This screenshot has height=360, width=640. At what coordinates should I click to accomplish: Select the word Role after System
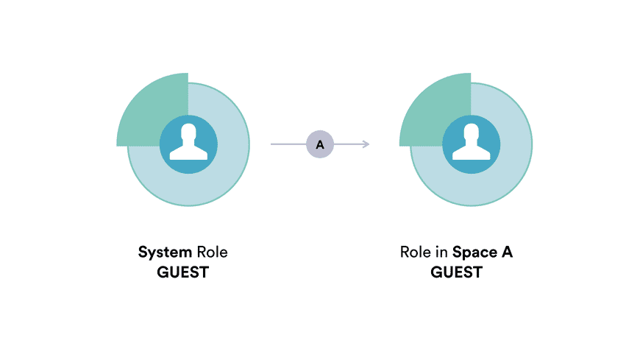[x=213, y=252]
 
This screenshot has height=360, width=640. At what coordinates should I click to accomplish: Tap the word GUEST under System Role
[x=183, y=272]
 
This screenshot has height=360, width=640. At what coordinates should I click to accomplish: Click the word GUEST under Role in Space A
[x=457, y=272]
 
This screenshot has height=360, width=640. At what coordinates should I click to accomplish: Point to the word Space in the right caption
[x=475, y=253]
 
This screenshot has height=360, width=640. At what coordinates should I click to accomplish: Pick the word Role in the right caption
[x=416, y=252]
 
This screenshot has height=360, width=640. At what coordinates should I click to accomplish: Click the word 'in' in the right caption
[x=441, y=252]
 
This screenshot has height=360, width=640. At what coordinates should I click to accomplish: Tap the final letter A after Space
[x=508, y=252]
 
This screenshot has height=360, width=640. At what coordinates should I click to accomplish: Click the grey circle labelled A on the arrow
[x=320, y=144]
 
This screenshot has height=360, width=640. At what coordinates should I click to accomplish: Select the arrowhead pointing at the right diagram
[x=366, y=144]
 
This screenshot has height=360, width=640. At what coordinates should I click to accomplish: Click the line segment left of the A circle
[x=288, y=144]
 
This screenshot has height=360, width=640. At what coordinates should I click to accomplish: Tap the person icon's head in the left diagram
[x=188, y=132]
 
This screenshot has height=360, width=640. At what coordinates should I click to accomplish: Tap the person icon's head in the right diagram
[x=472, y=132]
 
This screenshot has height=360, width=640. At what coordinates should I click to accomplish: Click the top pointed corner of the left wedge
[x=188, y=74]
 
